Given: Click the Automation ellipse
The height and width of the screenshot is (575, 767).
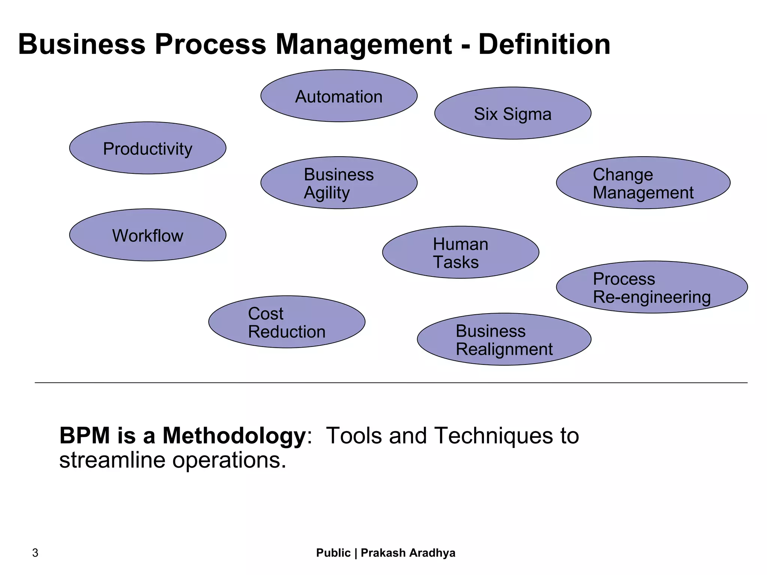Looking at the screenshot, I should pyautogui.click(x=339, y=96).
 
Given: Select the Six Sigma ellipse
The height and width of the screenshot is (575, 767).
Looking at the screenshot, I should pyautogui.click(x=512, y=114).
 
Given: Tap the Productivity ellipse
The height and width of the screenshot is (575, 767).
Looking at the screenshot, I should pyautogui.click(x=148, y=148).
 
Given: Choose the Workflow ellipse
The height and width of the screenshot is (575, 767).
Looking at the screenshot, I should pyautogui.click(x=148, y=235).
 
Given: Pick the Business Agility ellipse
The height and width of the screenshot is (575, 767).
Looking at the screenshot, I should pyautogui.click(x=339, y=183).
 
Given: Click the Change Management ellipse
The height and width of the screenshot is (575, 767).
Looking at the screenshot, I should pyautogui.click(x=643, y=183).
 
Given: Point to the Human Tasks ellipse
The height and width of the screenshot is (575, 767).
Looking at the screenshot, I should pyautogui.click(x=460, y=253).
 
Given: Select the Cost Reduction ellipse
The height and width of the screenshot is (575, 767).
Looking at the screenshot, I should pyautogui.click(x=287, y=322).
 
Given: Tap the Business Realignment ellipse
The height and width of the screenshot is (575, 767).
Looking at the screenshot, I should pyautogui.click(x=504, y=340).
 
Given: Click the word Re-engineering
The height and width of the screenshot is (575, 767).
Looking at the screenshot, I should pyautogui.click(x=652, y=297).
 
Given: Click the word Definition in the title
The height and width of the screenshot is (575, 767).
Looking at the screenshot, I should pyautogui.click(x=544, y=44).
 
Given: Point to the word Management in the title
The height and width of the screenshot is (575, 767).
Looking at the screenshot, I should pyautogui.click(x=364, y=44).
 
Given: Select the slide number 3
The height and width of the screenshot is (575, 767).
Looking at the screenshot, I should pyautogui.click(x=35, y=553).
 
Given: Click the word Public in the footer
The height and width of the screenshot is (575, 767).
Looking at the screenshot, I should pyautogui.click(x=333, y=553).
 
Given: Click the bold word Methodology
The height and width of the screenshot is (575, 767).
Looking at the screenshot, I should pyautogui.click(x=234, y=436).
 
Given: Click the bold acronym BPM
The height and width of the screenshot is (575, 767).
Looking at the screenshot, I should pyautogui.click(x=85, y=436).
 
